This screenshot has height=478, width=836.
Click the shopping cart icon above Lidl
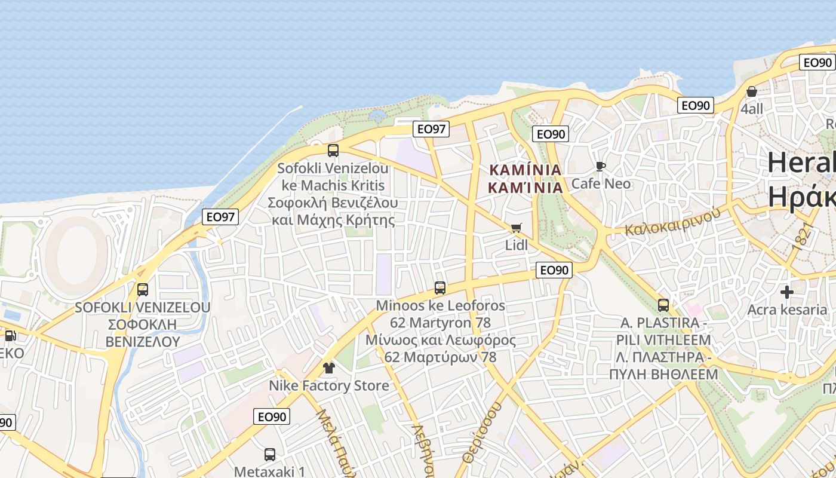pyautogui.click(x=516, y=228)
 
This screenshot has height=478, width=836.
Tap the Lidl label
pyautogui.click(x=517, y=245)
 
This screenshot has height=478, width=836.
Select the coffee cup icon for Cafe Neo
pyautogui.click(x=601, y=166)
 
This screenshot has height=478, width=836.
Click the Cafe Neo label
pyautogui.click(x=601, y=183)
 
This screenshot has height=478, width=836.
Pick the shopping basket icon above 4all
pyautogui.click(x=752, y=92)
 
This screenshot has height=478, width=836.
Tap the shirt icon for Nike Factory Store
pyautogui.click(x=328, y=368)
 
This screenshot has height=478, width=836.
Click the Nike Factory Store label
pyautogui.click(x=328, y=385)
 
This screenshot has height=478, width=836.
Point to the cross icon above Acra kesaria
pyautogui.click(x=787, y=292)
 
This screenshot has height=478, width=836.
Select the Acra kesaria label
pyautogui.click(x=787, y=310)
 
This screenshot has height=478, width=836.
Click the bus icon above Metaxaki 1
pyautogui.click(x=270, y=455)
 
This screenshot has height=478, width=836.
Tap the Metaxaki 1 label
pyautogui.click(x=270, y=471)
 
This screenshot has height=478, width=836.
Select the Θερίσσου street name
pyautogui.click(x=481, y=433)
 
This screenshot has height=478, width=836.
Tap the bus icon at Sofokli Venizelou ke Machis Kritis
pyautogui.click(x=333, y=151)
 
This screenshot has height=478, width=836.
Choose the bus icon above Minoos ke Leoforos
pyautogui.click(x=440, y=288)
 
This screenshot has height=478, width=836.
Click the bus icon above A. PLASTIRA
pyautogui.click(x=663, y=305)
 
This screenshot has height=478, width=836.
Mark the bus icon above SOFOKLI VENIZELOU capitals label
pyautogui.click(x=143, y=290)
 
